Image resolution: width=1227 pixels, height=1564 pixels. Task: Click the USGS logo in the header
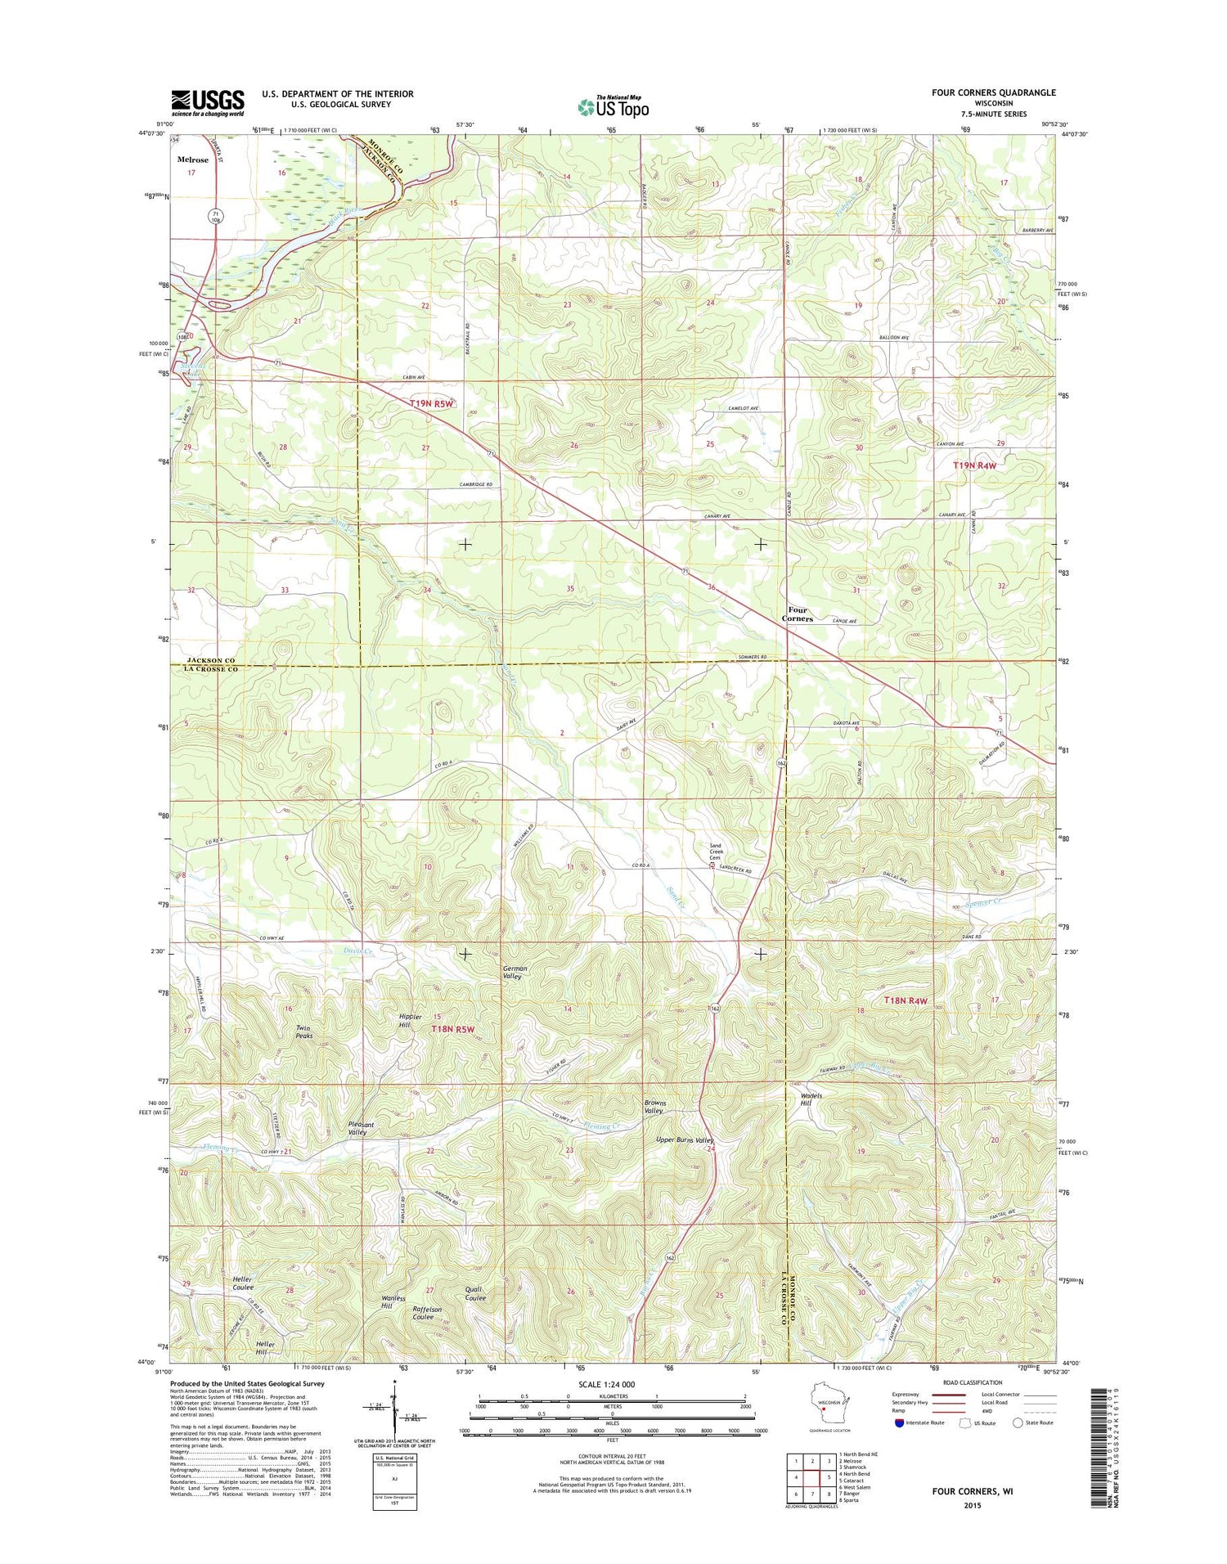[x=207, y=102]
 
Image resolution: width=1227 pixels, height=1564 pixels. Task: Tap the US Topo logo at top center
[x=613, y=106]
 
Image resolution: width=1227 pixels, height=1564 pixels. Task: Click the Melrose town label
[x=192, y=160]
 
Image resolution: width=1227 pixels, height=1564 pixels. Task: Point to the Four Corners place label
[x=797, y=614]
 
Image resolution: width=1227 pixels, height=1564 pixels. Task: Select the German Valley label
[x=515, y=972]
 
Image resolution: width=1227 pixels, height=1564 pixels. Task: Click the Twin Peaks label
[x=303, y=1032]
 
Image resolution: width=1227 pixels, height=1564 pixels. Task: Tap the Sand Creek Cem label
[x=715, y=852]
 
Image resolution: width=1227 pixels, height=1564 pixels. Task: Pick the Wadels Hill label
[x=811, y=1099]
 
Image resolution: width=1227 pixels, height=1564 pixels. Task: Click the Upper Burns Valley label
[x=685, y=1140]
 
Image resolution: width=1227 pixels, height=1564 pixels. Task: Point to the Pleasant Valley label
[x=361, y=1129]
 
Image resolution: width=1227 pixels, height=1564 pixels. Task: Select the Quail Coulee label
[x=475, y=1293]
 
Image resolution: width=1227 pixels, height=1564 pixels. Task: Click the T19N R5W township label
[x=432, y=403]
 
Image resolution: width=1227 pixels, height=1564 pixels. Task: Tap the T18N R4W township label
[x=906, y=1000]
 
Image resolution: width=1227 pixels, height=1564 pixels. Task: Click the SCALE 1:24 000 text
[x=611, y=1384]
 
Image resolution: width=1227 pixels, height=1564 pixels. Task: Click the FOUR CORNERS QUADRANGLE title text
[x=993, y=92]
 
